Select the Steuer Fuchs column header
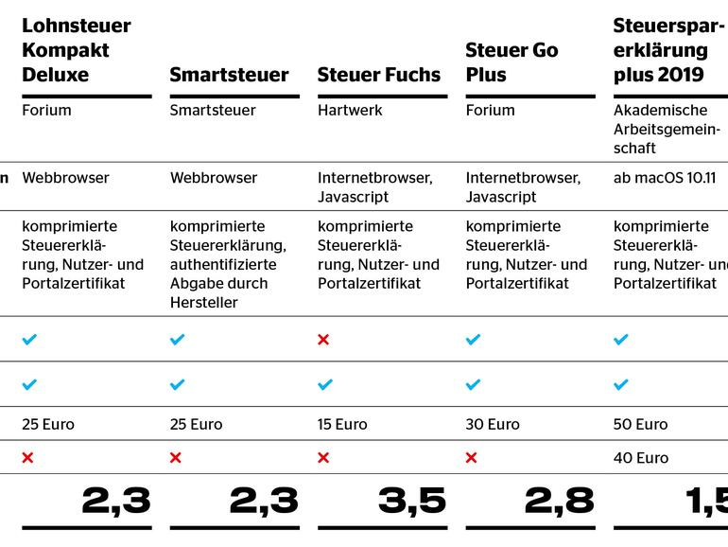379,75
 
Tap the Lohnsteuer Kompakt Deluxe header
77,50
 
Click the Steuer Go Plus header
511,62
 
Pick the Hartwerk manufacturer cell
350,111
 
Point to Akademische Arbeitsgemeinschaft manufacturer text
661,130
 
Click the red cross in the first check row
323,340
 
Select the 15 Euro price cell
342,425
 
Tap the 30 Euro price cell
493,425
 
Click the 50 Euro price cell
640,425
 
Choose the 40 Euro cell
640,458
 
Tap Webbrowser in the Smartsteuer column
214,178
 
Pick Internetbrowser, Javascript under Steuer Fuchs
375,187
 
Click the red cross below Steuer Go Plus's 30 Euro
472,458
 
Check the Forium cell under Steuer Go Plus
491,111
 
